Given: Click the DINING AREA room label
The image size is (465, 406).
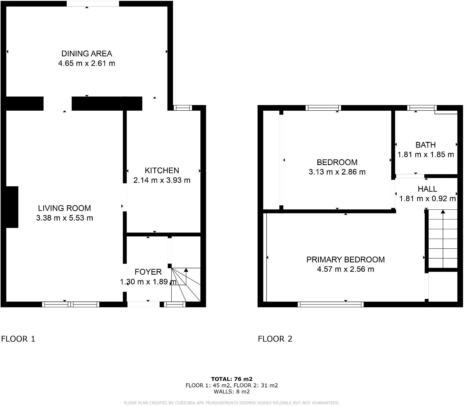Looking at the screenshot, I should point(87,54).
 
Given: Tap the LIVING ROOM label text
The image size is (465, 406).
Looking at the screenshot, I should point(64,208).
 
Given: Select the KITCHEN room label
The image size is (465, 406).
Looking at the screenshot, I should point(162,170).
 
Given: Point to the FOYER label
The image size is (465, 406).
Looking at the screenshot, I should point(148,272).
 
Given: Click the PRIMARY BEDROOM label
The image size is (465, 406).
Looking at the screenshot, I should point(346,260).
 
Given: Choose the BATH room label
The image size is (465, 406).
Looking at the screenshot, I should point(425,145).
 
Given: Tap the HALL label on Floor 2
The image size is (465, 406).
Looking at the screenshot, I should point(427,189).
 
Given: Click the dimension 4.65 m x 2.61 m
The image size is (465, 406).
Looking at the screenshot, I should point(87,63).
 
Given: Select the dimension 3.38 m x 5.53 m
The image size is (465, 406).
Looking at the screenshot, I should point(64,218).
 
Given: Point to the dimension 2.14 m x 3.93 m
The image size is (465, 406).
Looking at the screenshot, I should point(162,180).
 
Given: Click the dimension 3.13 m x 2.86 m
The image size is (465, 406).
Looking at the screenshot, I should point(337,172).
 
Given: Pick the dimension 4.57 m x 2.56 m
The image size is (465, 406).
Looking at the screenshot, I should point(346,269).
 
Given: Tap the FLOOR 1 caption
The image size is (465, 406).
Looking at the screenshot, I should point(18,339).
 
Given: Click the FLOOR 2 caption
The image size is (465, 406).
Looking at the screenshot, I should point(275,339).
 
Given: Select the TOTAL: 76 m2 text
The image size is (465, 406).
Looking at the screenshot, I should point(232,379).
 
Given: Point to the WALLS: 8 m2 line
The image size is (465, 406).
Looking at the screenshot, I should point(232,391).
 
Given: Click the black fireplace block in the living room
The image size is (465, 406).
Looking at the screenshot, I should point(12,207).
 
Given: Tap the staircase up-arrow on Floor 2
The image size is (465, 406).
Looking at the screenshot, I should point(443,212).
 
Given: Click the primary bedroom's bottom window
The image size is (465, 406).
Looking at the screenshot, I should point(331,304).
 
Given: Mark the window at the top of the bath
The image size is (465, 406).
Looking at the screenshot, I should point(422,108).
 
